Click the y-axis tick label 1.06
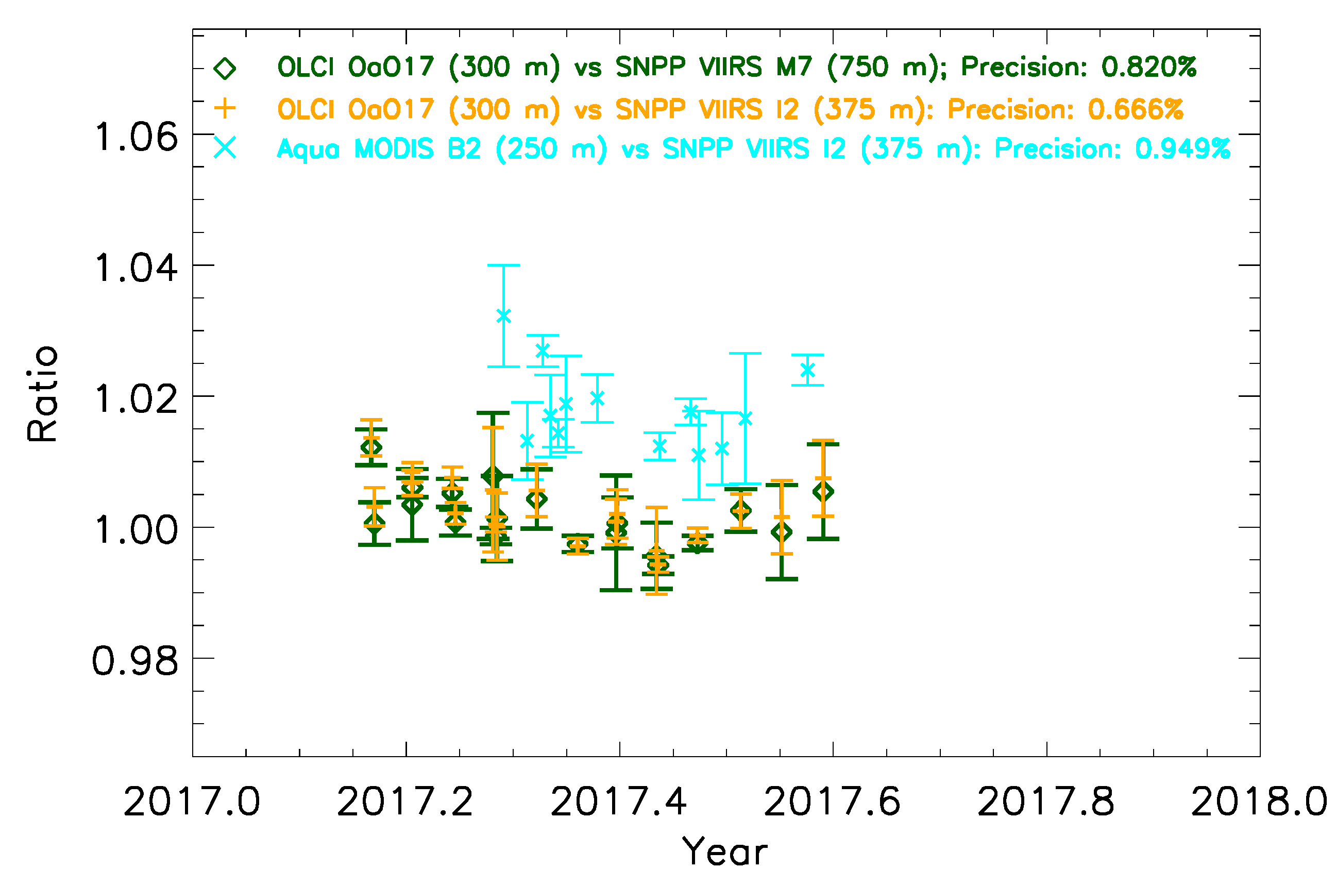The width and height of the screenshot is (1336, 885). coord(136,137)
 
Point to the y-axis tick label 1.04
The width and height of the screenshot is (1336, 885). coord(136,268)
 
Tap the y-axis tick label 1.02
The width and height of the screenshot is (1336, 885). coord(136,399)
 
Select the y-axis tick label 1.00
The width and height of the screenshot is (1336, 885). coord(136,530)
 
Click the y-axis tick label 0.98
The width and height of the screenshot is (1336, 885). coord(135,661)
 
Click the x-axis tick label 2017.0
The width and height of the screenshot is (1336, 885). coord(192,802)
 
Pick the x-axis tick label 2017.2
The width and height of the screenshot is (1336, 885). coord(405,802)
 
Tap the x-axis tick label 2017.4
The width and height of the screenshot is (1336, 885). coord(619,802)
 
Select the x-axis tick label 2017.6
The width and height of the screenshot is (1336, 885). coord(832,802)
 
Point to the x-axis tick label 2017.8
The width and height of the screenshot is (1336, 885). coord(1045,802)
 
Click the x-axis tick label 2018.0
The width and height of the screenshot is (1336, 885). coord(1259,802)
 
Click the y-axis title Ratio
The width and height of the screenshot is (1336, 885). coord(43,393)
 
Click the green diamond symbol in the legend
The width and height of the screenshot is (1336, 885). coord(225,68)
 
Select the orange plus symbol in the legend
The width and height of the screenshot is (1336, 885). coord(225,108)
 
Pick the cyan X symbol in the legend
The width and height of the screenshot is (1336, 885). coord(225,148)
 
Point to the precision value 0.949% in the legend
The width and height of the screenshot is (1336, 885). coord(1182,149)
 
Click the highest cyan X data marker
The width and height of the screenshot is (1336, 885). coord(503,316)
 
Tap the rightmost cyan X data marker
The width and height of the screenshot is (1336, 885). coord(807,370)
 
